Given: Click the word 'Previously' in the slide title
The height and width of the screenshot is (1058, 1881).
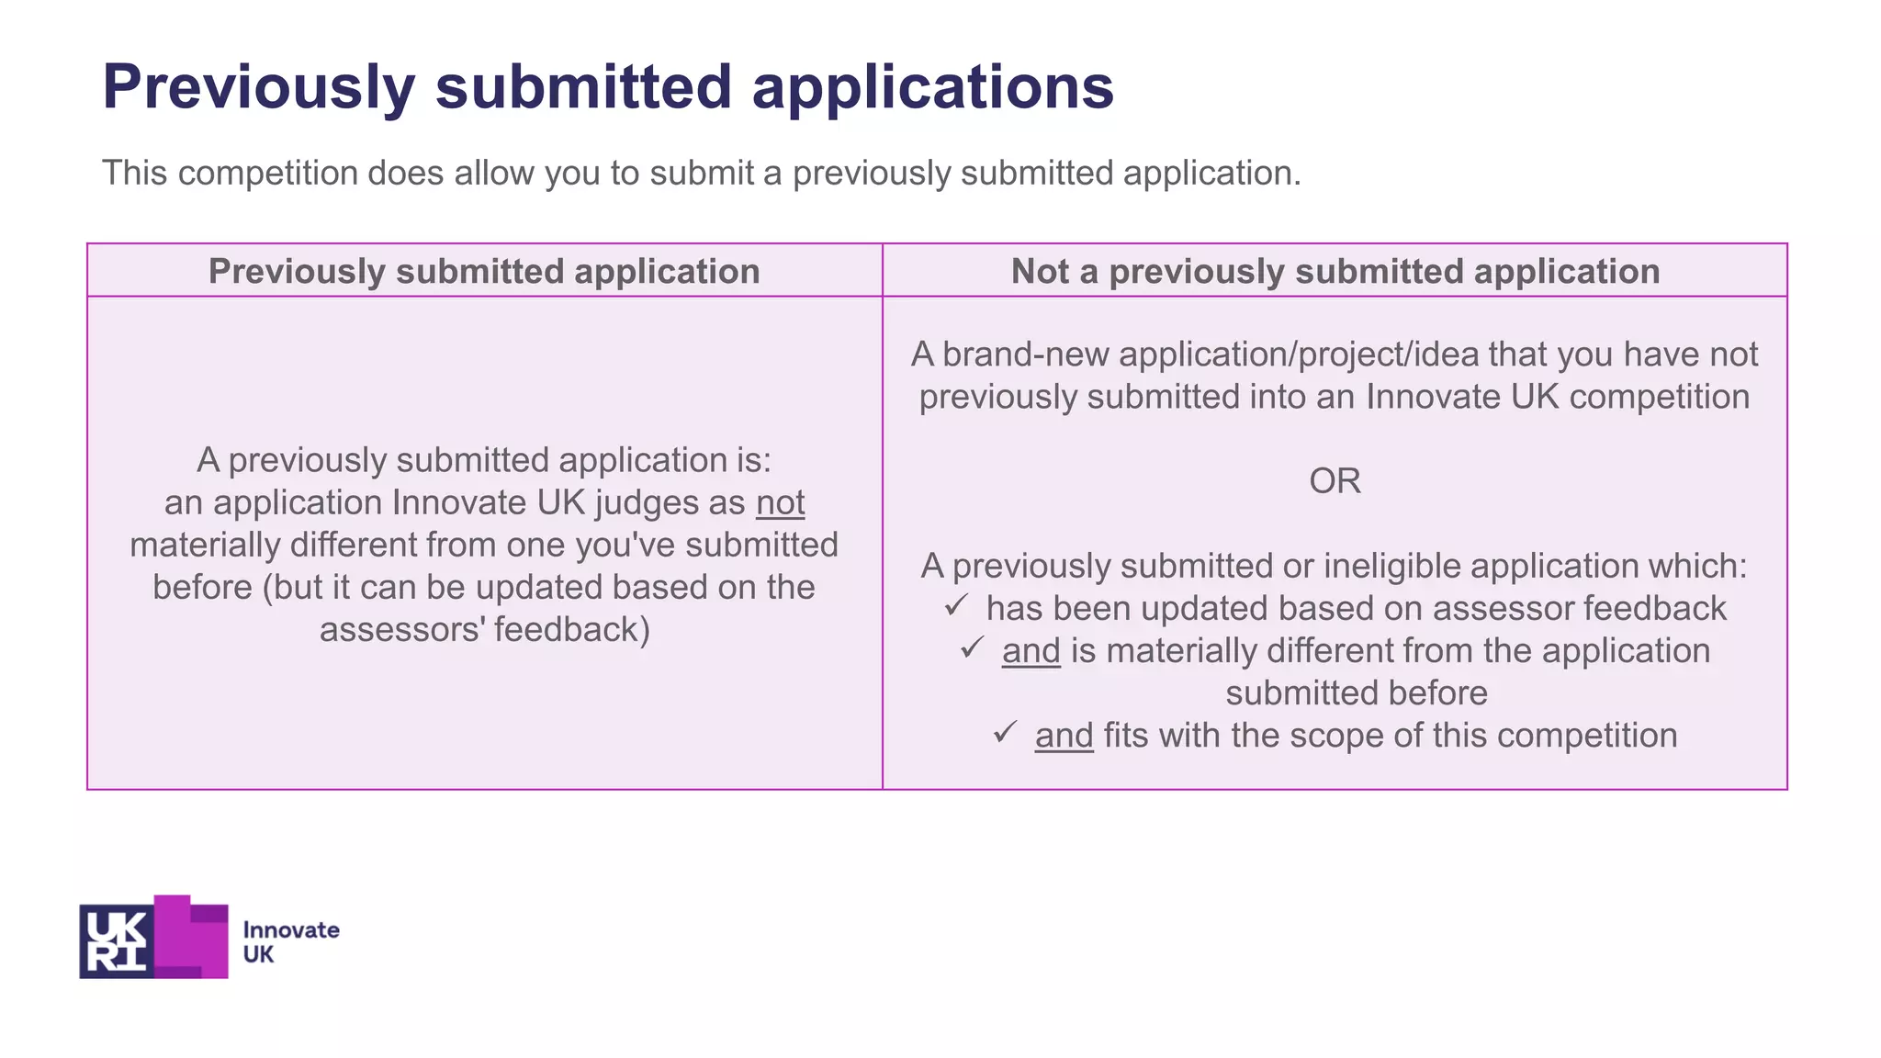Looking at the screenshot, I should (x=259, y=87).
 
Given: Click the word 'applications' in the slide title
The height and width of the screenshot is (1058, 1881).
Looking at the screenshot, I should (x=932, y=87).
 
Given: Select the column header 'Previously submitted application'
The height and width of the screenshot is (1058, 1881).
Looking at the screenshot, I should (x=484, y=272).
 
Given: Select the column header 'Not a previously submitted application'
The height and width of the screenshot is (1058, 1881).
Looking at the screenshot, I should (x=1335, y=272).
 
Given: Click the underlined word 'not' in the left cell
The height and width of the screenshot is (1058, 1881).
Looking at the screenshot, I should (x=780, y=502).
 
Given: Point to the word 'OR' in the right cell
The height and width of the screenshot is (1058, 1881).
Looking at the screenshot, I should (x=1335, y=480).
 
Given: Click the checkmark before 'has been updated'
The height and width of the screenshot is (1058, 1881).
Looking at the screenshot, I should (x=956, y=605).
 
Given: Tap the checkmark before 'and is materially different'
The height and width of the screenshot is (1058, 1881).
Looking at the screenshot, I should (x=973, y=647).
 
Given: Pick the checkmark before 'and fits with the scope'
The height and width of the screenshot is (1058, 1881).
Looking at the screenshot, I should (x=1005, y=732).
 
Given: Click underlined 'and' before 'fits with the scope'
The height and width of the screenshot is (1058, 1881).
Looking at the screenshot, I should (x=1064, y=736).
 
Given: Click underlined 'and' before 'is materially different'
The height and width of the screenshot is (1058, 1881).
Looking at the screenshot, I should (x=1031, y=651).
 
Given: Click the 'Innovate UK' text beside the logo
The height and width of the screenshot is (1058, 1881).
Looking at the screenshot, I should (x=290, y=941).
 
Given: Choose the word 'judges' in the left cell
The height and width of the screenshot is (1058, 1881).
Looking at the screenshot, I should (x=647, y=502).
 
